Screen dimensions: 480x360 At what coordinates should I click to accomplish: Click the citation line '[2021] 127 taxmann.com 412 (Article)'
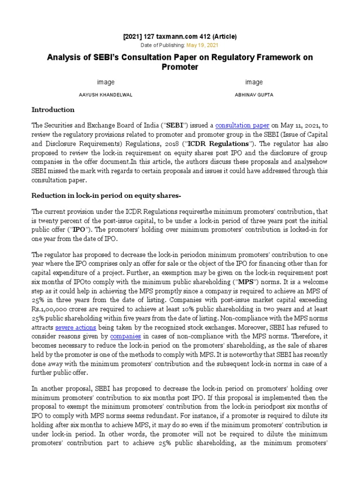point(180,37)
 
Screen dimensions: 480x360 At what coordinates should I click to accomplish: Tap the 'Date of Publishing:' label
point(163,45)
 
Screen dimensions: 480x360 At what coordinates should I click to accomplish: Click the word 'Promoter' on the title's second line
point(180,67)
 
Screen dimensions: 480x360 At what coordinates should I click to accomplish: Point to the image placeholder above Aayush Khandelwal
point(105,82)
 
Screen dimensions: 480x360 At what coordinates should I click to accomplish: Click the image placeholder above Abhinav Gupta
point(254,82)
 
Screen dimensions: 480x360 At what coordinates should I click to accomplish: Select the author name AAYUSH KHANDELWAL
point(105,94)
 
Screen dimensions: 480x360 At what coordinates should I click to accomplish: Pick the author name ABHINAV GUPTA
point(254,94)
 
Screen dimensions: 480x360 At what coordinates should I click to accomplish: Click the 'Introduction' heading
point(52,110)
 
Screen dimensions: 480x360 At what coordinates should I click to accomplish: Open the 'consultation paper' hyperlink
point(242,125)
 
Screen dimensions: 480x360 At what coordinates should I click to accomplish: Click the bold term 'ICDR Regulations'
point(224,143)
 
